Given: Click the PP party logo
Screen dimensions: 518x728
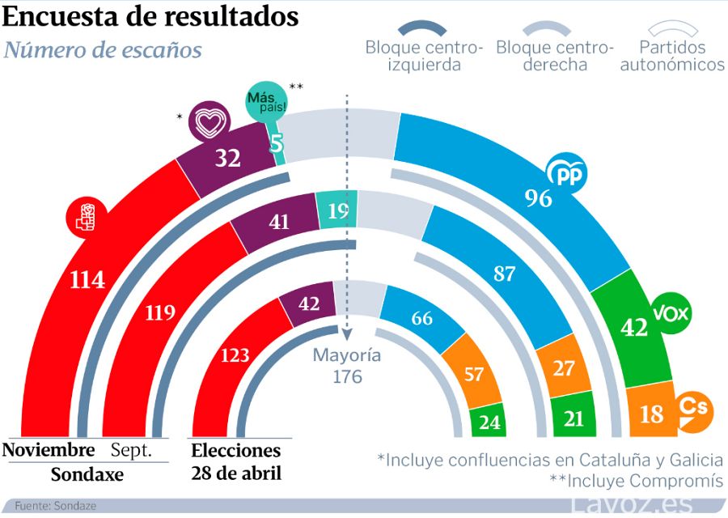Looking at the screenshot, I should click(567, 172).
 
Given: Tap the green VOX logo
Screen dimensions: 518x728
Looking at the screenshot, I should click(671, 313).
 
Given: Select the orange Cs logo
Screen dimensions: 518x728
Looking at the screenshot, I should click(694, 410).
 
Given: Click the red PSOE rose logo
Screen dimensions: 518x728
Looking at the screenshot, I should click(87, 217).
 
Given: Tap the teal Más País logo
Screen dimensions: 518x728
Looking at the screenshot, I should click(265, 102).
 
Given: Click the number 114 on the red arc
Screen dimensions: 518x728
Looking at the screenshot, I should click(87, 281).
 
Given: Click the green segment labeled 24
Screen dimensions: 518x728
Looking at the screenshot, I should click(488, 422).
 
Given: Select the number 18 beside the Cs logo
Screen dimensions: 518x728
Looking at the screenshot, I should click(652, 414).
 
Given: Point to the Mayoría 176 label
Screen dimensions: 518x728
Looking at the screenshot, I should click(347, 365).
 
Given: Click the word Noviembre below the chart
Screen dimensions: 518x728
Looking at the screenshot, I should click(49, 450).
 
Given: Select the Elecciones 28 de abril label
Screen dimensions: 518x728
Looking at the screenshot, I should click(236, 461).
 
